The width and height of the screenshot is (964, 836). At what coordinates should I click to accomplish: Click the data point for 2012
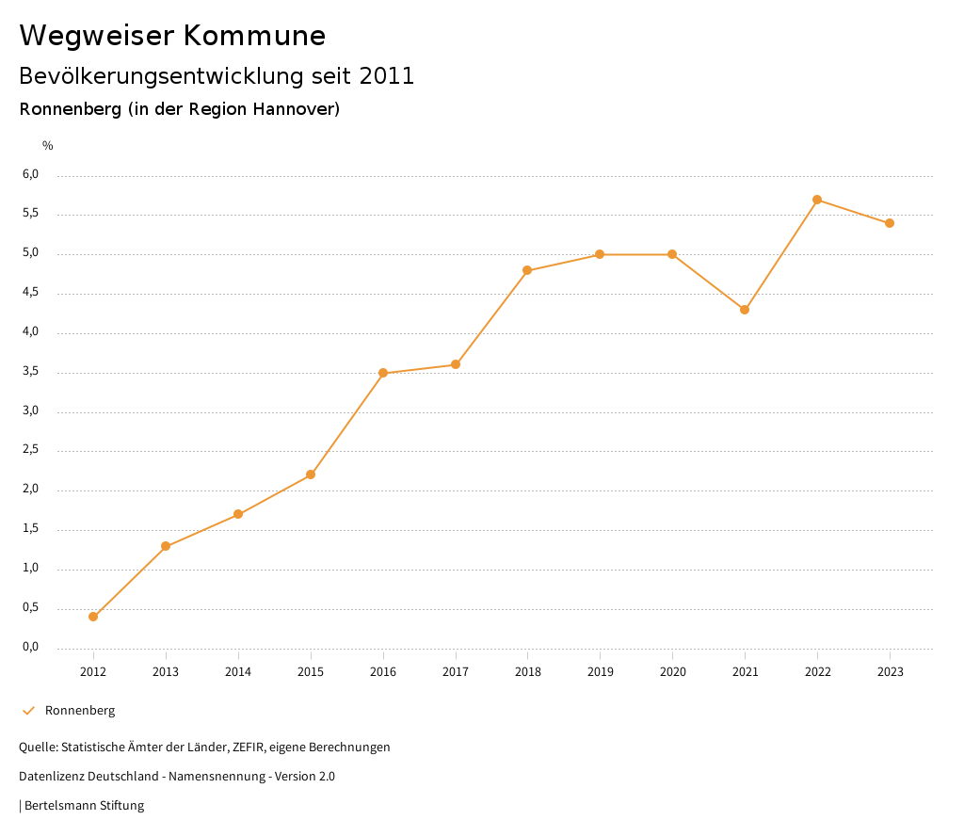click(93, 617)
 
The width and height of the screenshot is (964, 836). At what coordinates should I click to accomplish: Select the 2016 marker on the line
click(383, 373)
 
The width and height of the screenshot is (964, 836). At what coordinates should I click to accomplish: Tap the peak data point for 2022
click(817, 200)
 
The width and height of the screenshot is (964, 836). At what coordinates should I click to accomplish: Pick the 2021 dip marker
click(745, 310)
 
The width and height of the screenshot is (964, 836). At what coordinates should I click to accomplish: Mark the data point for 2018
click(527, 270)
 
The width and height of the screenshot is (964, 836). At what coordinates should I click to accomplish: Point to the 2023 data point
click(890, 223)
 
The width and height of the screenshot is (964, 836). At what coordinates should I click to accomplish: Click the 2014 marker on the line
click(238, 514)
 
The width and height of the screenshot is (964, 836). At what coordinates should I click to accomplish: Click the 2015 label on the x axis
click(311, 672)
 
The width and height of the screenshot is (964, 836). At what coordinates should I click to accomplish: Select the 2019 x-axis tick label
click(600, 672)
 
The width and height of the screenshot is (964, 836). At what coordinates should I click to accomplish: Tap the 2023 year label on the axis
click(890, 672)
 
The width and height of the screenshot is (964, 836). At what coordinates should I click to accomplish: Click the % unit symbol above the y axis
click(48, 146)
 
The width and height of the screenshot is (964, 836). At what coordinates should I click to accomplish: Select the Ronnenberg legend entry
click(79, 711)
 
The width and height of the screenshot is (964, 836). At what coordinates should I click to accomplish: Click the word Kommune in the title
click(254, 36)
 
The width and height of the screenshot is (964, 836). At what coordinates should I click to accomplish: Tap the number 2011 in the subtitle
click(387, 76)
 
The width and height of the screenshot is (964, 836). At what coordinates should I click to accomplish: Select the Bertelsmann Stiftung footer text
click(84, 806)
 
